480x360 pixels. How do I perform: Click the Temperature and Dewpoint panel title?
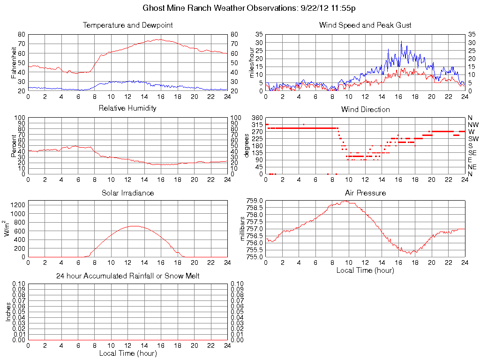pyautogui.click(x=127, y=25)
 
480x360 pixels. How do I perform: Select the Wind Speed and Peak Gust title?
pyautogui.click(x=365, y=25)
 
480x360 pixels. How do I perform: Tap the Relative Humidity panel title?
pyautogui.click(x=127, y=108)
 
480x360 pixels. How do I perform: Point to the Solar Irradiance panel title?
pyautogui.click(x=127, y=193)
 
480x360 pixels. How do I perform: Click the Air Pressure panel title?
pyautogui.click(x=365, y=193)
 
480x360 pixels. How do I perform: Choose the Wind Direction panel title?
pyautogui.click(x=365, y=109)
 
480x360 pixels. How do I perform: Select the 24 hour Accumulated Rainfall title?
pyautogui.click(x=127, y=276)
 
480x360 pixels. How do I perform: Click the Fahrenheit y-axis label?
pyautogui.click(x=14, y=62)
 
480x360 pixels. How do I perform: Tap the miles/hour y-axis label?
pyautogui.click(x=251, y=62)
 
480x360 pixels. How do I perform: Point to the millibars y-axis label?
pyautogui.click(x=242, y=229)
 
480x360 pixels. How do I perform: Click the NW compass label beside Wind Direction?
pyautogui.click(x=472, y=125)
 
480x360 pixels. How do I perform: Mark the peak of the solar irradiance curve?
pyautogui.click(x=134, y=226)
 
